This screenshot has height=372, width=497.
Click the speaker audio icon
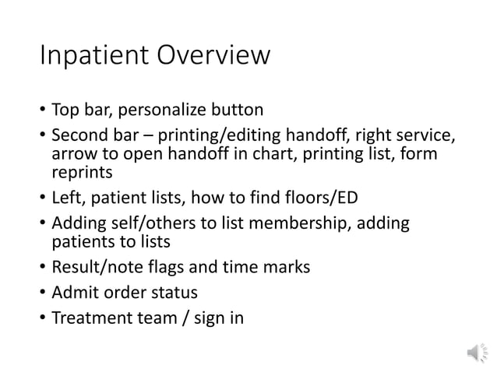click(474, 353)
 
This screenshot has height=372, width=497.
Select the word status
click(172, 293)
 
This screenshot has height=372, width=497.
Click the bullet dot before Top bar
click(41, 109)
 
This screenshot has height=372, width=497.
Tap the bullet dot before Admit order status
click(41, 293)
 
